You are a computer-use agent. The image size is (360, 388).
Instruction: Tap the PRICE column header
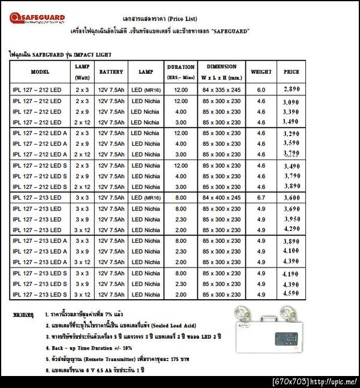coord(292,72)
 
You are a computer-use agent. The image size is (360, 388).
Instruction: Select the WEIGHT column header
coord(261,72)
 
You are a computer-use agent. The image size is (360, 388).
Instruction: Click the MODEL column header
coord(40,72)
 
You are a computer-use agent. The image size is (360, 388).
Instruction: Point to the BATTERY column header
coord(111,72)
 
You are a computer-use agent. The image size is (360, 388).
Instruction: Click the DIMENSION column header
coord(221,67)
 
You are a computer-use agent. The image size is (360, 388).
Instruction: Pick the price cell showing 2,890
coord(291,89)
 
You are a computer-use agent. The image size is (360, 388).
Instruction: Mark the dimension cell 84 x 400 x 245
coord(221,198)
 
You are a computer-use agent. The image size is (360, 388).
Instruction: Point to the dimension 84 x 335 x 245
coord(221,90)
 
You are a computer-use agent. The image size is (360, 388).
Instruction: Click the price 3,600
coord(291,198)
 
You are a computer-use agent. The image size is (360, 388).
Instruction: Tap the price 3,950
coord(291,219)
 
